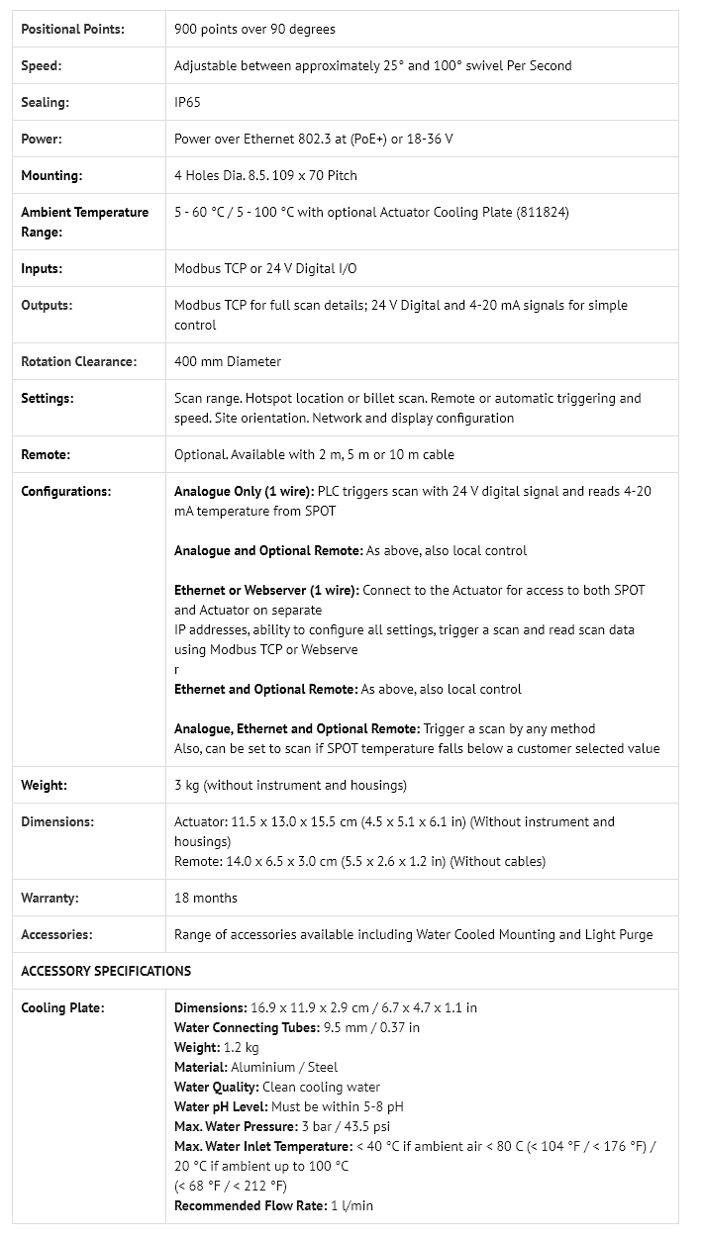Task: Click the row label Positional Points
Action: click(72, 29)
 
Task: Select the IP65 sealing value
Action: click(187, 102)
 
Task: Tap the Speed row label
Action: click(41, 65)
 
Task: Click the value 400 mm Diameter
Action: click(227, 361)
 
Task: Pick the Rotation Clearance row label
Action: click(78, 361)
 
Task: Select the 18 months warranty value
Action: click(205, 898)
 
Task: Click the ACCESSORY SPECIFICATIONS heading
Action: click(106, 971)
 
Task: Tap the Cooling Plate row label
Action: click(62, 1007)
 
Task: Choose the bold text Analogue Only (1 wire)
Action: click(244, 491)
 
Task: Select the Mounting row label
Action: click(51, 175)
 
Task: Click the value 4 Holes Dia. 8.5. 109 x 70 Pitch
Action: click(265, 175)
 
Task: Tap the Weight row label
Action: click(44, 785)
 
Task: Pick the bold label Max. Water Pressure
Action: click(235, 1126)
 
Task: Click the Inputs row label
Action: click(42, 268)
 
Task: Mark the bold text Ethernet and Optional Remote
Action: click(265, 689)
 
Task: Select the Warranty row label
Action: click(50, 898)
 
